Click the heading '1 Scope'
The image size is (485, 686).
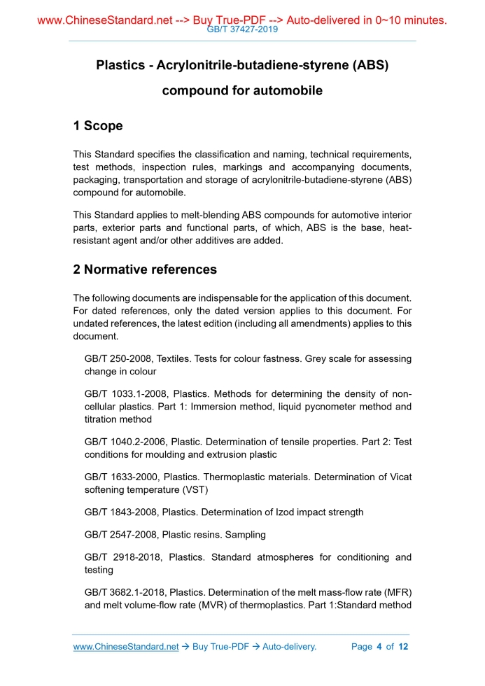[98, 126]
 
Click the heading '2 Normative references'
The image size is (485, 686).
[145, 269]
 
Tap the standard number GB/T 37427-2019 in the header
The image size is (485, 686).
[242, 29]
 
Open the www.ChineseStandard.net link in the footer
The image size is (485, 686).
[126, 647]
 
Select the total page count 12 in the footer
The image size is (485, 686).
[402, 647]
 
